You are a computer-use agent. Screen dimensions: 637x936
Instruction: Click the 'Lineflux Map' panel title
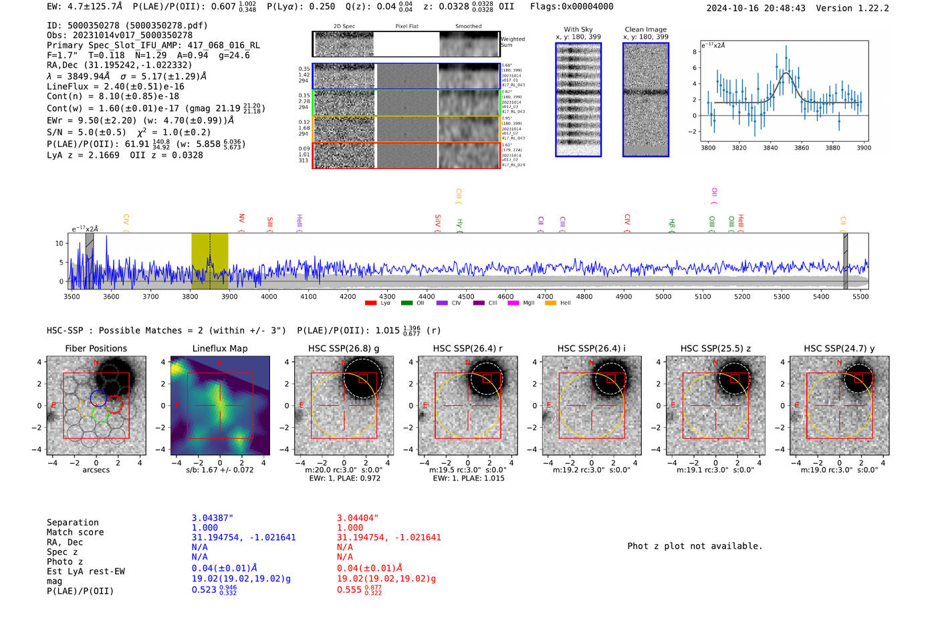point(219,348)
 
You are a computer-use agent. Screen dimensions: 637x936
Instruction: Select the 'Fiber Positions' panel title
point(96,348)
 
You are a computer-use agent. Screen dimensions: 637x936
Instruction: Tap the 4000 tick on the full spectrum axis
point(269,296)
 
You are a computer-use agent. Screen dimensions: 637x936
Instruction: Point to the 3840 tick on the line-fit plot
point(770,148)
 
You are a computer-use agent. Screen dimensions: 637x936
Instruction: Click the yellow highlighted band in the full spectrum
point(209,261)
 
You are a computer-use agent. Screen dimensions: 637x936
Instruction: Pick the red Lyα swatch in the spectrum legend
point(370,303)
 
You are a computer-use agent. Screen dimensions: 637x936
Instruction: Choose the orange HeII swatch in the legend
point(550,303)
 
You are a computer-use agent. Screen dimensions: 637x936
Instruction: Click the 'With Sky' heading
point(578,29)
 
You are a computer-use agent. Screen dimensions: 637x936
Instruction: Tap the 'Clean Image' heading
point(645,29)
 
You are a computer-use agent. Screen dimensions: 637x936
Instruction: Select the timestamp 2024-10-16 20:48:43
point(755,8)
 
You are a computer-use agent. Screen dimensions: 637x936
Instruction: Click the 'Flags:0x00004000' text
point(572,6)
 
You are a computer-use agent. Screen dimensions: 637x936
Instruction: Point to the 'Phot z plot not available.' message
point(695,546)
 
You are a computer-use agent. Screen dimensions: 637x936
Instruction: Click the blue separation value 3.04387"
point(213,518)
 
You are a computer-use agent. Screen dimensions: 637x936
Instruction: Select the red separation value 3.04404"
point(358,518)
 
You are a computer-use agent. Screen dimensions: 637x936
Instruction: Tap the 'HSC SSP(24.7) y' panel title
point(839,348)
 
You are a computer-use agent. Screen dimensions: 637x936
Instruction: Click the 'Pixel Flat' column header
point(406,27)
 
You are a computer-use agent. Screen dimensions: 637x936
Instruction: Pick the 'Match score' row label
point(75,532)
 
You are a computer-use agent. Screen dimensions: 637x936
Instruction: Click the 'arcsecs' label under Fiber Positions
point(96,470)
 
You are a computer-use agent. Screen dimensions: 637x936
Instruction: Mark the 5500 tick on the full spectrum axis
point(860,296)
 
